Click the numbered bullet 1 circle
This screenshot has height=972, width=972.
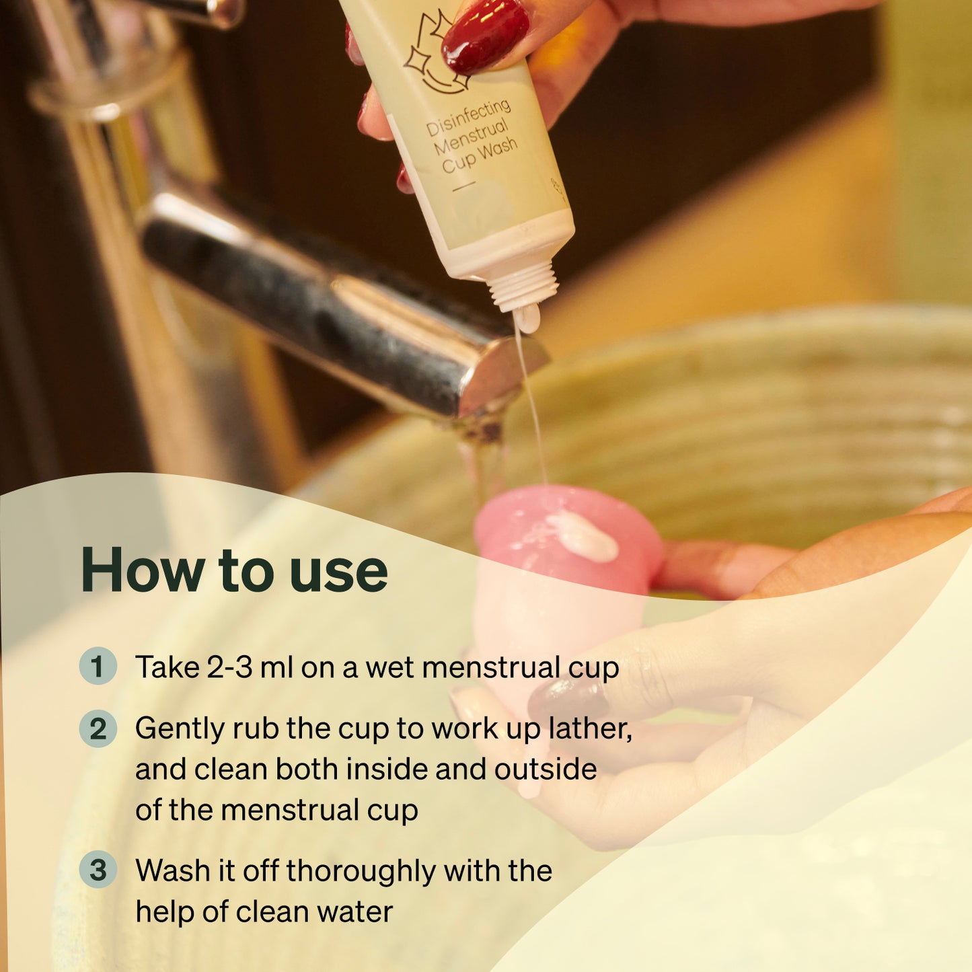tap(98, 666)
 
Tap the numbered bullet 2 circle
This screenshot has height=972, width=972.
tap(98, 728)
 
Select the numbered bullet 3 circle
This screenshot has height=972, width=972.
tap(98, 869)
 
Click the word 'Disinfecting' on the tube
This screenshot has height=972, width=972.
tap(468, 119)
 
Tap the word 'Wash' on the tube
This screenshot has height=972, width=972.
tap(498, 149)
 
